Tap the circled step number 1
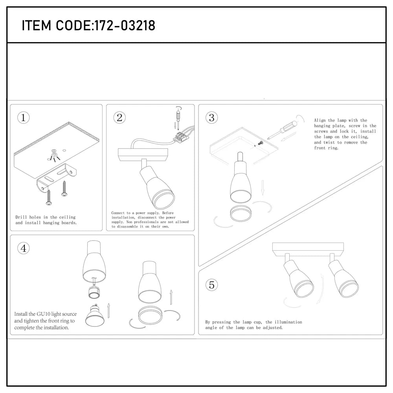[24, 118]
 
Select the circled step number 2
[119, 117]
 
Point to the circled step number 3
[211, 117]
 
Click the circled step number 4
[24, 248]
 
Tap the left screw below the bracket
[49, 196]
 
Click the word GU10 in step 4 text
[44, 314]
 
